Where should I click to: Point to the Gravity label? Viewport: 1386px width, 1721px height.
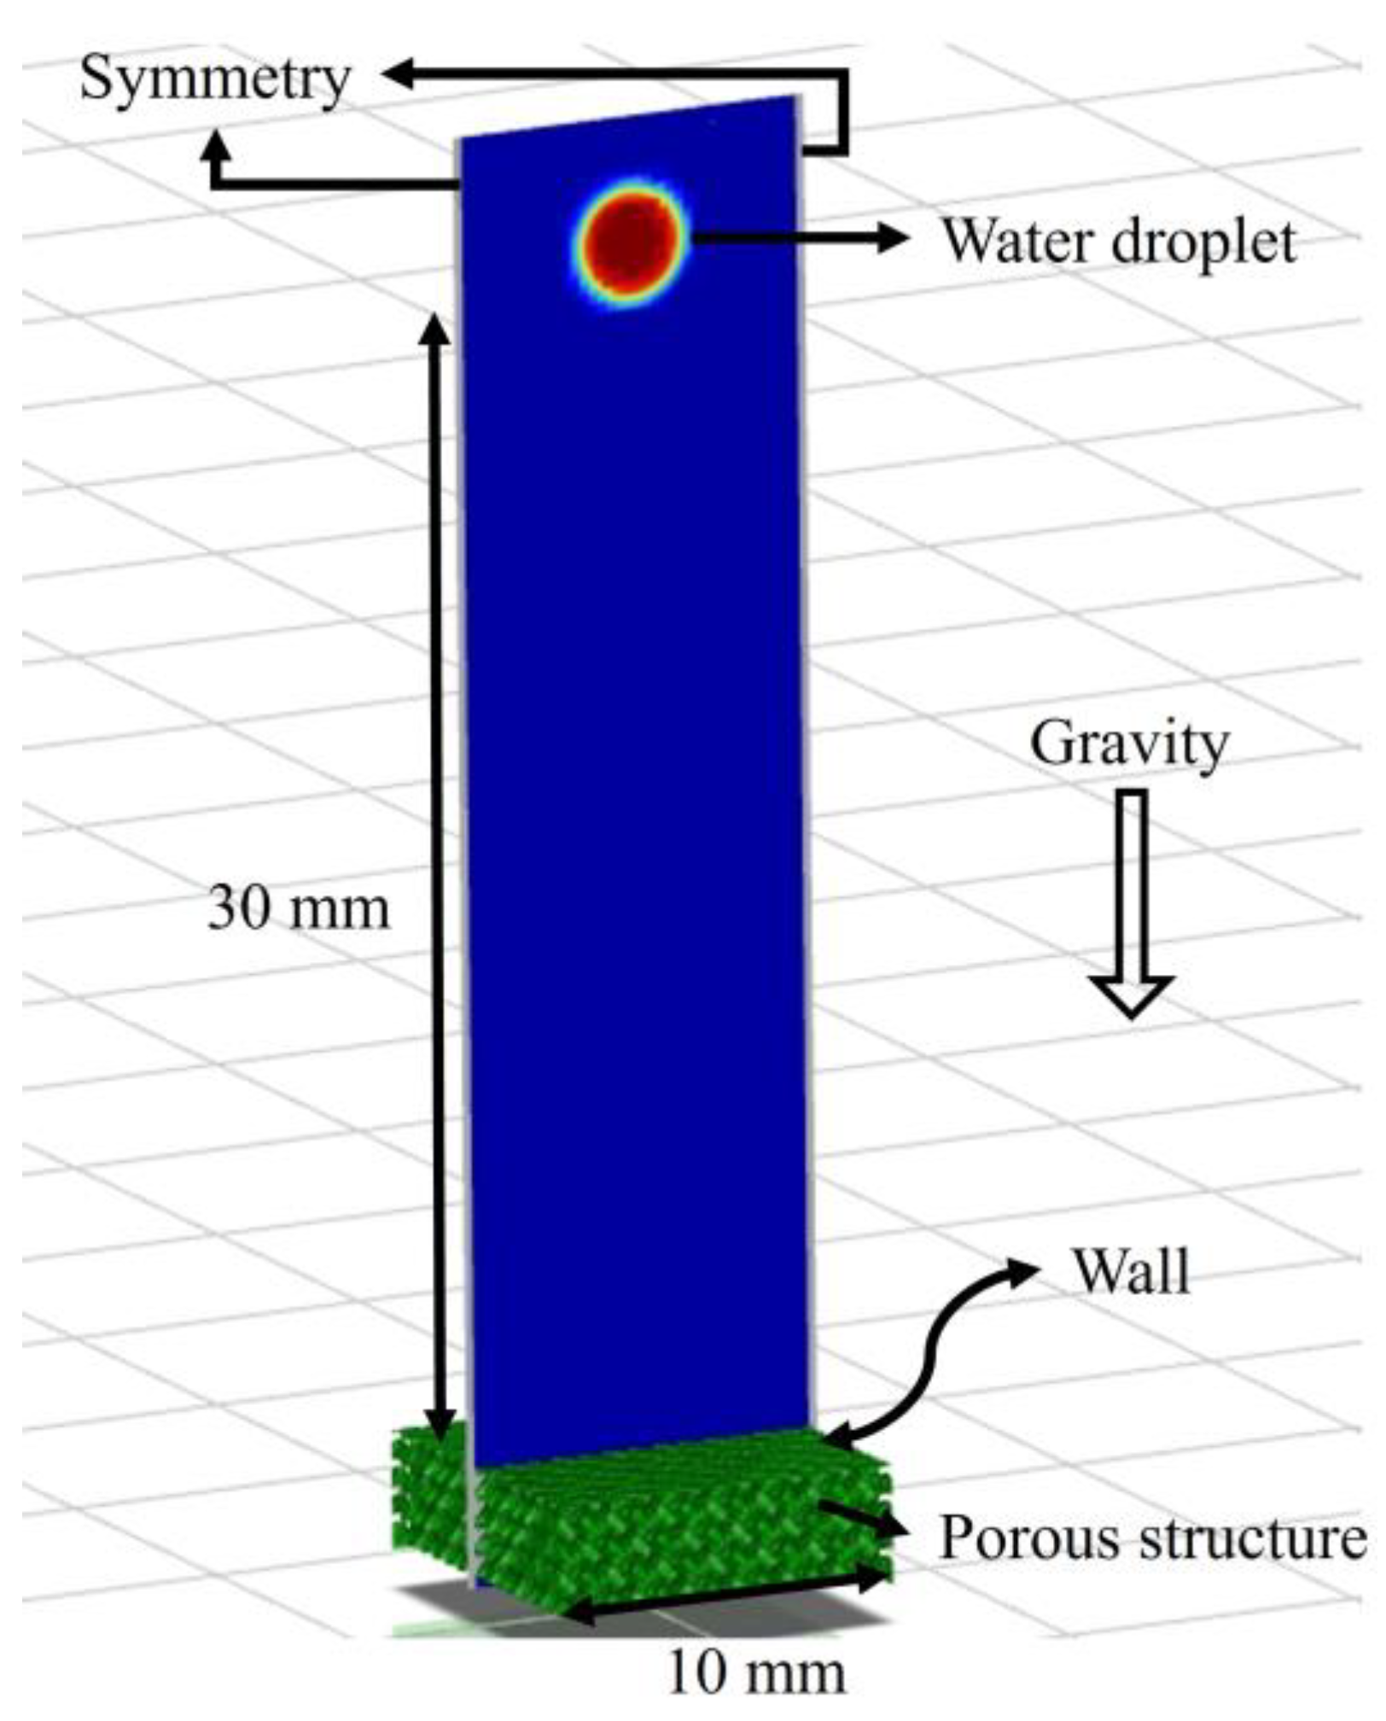(1128, 746)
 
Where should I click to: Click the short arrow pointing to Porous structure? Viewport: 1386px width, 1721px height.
(862, 1520)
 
